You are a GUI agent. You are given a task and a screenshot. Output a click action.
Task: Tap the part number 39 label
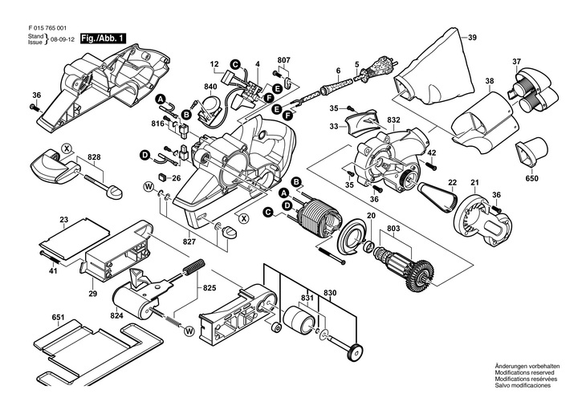(472, 38)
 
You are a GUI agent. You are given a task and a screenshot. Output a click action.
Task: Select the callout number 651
(57, 318)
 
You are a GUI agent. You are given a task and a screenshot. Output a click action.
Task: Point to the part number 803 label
(393, 229)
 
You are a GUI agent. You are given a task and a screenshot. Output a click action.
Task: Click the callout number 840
(188, 86)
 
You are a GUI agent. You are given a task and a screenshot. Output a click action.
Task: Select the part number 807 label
(284, 61)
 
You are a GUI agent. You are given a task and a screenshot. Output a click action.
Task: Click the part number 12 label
(215, 63)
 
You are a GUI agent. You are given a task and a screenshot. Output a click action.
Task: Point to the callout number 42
(431, 152)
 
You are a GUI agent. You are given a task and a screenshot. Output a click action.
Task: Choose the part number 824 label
(117, 316)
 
